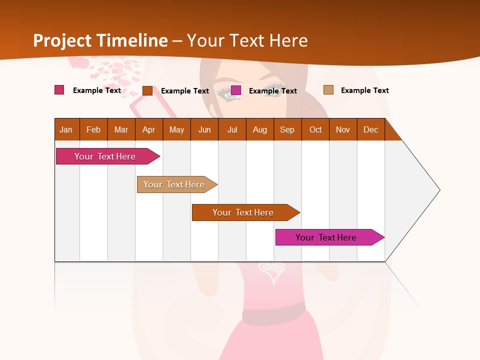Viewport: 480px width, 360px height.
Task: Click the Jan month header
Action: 66,129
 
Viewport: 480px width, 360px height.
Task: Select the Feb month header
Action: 93,129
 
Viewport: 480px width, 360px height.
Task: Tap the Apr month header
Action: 148,129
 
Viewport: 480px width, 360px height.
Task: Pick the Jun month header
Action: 204,129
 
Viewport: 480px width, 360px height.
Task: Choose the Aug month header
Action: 259,129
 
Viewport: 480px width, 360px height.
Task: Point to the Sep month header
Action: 287,129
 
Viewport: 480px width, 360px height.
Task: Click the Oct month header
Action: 315,129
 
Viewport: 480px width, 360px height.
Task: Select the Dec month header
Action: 370,129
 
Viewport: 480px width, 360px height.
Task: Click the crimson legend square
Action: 59,90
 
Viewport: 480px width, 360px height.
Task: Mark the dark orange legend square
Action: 147,90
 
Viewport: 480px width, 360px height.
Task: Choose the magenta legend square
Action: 236,90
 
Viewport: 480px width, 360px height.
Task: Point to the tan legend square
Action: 328,90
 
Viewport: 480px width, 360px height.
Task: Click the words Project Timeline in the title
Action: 100,40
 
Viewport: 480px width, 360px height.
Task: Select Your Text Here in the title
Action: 247,40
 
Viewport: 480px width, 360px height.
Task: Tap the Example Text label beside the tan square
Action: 364,90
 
